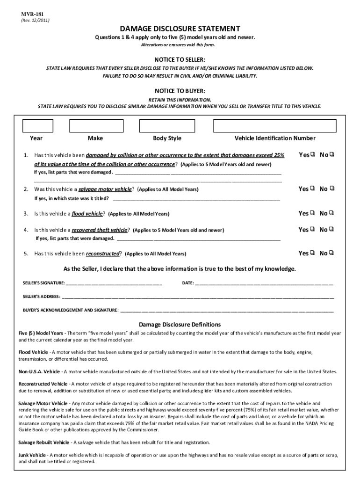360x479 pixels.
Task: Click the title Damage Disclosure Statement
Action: (x=180, y=29)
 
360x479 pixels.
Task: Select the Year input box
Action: (x=38, y=126)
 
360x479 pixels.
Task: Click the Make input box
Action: (x=95, y=126)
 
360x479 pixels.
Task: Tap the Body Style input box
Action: (x=167, y=126)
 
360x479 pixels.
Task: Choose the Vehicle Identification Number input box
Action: (x=274, y=126)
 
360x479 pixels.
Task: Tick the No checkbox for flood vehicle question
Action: (x=331, y=213)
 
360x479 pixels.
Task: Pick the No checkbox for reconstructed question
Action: (x=331, y=254)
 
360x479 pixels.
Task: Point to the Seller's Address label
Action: (x=42, y=297)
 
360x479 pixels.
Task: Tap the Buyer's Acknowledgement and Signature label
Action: (x=71, y=310)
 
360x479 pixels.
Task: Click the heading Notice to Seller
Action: (x=180, y=60)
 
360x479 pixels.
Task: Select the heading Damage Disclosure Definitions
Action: (x=180, y=325)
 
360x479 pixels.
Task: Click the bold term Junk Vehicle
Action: (x=32, y=455)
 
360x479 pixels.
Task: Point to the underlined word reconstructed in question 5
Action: (x=102, y=254)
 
